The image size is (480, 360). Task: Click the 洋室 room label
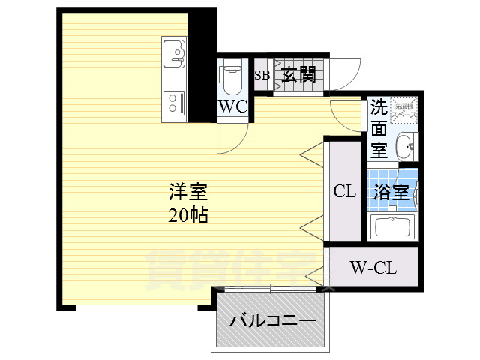pos(187,192)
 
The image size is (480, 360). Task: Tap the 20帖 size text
pos(187,216)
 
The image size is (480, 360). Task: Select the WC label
pos(232,106)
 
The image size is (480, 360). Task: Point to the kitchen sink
pos(175,52)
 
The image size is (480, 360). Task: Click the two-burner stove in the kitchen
pos(174,102)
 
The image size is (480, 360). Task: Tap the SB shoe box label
pos(262,74)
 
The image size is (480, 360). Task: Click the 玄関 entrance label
pos(298,74)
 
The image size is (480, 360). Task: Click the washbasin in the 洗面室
pos(403,145)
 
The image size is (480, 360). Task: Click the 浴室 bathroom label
pos(391,191)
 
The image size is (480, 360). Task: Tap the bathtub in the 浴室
pos(391,226)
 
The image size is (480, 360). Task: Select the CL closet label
pos(344,191)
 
